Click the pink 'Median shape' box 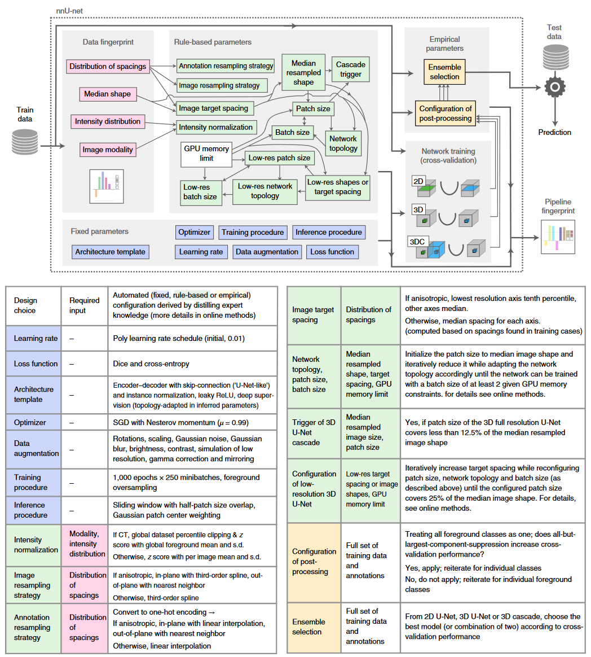108,94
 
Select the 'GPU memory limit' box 206,154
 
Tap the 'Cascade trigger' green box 351,69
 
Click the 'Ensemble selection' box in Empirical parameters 444,72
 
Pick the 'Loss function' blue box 332,252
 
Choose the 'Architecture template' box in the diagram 111,252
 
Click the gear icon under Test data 555,87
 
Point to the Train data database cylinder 25,142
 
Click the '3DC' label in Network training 417,242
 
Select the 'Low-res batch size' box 201,192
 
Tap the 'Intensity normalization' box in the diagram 216,127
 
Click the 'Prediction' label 554,133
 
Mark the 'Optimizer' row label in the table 30,422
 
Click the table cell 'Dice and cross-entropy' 151,363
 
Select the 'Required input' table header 85,305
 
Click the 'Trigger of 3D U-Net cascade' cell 314,432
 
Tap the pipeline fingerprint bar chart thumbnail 558,237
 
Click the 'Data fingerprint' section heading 108,42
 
